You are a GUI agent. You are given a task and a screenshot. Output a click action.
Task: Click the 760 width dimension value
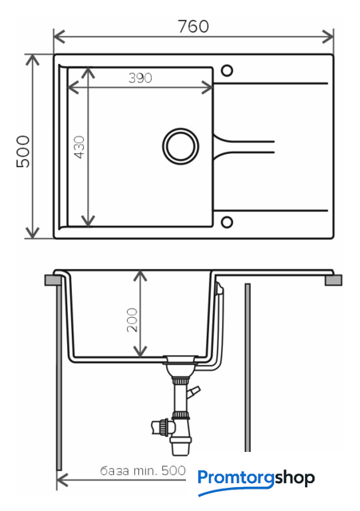(x=193, y=26)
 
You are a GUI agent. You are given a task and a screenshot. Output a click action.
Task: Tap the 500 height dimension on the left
(x=23, y=152)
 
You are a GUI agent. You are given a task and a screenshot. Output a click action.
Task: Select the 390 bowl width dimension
(x=140, y=78)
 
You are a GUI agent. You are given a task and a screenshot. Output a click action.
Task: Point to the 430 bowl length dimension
(x=79, y=147)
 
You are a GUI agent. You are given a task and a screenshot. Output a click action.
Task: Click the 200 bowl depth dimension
(x=132, y=320)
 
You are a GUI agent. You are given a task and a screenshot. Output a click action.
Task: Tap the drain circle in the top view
(x=180, y=146)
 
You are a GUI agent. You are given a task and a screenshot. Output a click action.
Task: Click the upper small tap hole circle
(x=227, y=70)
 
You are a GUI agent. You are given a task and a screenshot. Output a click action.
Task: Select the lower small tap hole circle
(x=227, y=222)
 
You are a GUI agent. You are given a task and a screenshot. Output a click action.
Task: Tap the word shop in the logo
(x=295, y=478)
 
